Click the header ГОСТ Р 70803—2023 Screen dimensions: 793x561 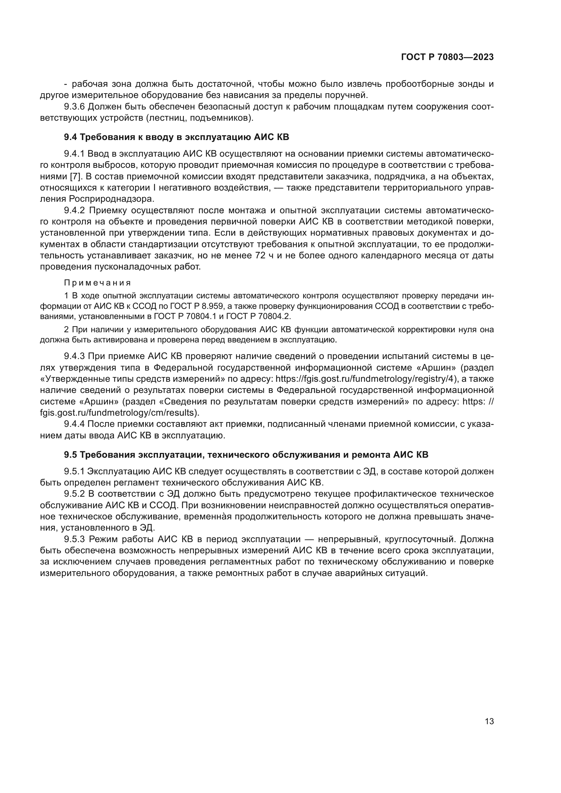click(447, 57)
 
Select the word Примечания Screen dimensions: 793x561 click(97, 283)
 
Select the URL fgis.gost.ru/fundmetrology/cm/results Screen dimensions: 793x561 click(119, 413)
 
